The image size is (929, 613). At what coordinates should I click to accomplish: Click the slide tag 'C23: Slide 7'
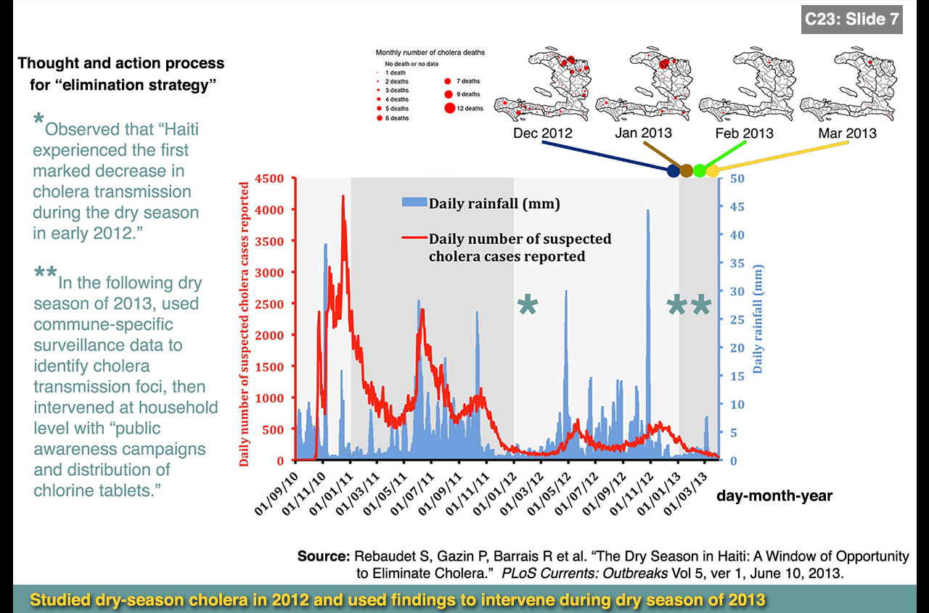coord(852,20)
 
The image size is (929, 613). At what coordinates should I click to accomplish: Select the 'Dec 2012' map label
coord(542,133)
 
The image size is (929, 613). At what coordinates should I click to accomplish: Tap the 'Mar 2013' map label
coord(847,133)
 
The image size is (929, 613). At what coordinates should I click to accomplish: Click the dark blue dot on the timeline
coord(674,170)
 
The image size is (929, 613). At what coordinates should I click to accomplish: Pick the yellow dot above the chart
coord(712,170)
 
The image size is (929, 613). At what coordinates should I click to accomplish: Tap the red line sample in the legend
coord(413,239)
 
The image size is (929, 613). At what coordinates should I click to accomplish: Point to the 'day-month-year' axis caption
coord(774,497)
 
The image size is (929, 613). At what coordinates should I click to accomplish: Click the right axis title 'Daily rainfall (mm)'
coord(758,318)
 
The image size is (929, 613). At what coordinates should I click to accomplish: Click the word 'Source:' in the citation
coord(324,557)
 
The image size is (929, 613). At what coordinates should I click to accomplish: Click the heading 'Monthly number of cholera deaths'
coord(430,53)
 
